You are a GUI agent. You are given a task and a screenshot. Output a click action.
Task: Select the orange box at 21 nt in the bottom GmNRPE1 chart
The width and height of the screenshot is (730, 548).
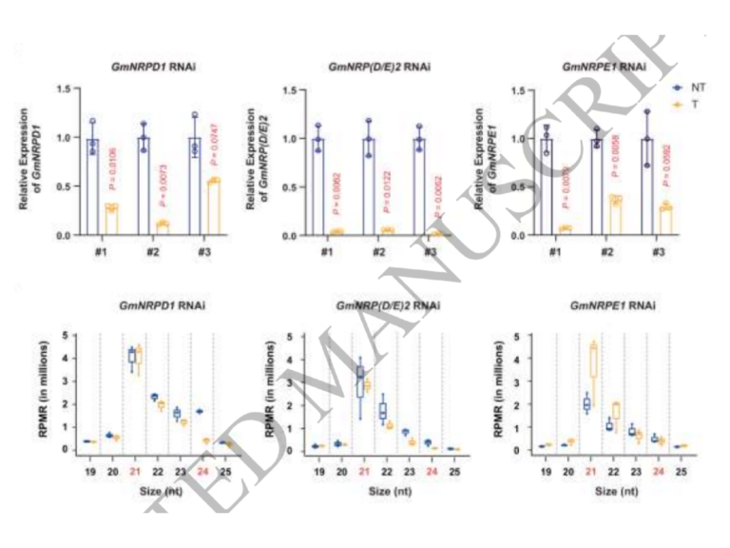point(597,362)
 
